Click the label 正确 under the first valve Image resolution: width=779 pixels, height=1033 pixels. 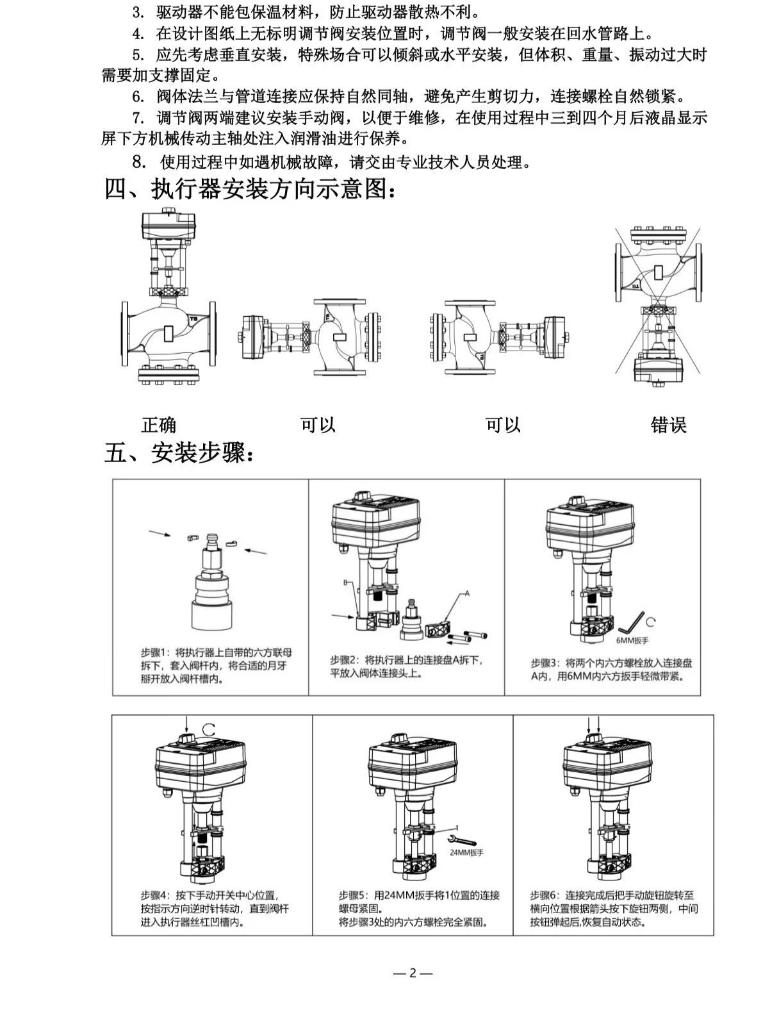(x=158, y=424)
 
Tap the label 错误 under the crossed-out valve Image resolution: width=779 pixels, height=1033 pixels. (x=668, y=424)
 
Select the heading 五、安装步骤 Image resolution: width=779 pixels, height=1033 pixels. (x=183, y=454)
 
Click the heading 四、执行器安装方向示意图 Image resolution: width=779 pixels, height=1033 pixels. (x=250, y=189)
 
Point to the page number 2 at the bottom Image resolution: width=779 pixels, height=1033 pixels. (x=413, y=973)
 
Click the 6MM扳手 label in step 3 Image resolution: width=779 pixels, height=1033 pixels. (x=632, y=640)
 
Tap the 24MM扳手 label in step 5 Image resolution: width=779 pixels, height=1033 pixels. (x=466, y=853)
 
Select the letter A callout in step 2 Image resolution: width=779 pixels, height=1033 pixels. (x=467, y=594)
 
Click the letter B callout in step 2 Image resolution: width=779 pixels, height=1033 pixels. (x=345, y=583)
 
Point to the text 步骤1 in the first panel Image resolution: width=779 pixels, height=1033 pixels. (x=154, y=652)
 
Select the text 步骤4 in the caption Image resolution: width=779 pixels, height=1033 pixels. (x=154, y=895)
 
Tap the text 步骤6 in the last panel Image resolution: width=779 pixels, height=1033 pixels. (x=543, y=895)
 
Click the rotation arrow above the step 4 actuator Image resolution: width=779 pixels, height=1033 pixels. (x=208, y=728)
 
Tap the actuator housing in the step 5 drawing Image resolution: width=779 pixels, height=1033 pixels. (x=413, y=770)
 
